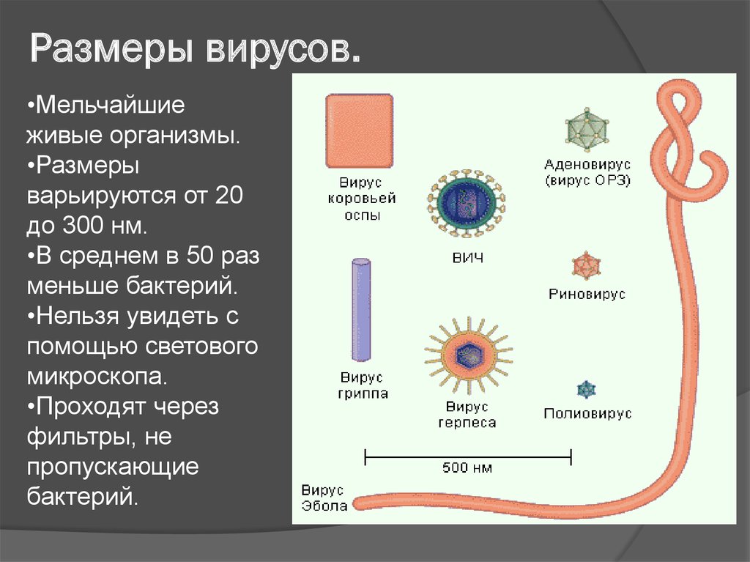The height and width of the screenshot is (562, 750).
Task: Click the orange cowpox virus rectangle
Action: [360, 130]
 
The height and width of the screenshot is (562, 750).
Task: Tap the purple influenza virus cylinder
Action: [361, 310]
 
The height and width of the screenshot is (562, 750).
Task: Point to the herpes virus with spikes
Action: [468, 355]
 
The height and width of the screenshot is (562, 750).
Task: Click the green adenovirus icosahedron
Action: [587, 130]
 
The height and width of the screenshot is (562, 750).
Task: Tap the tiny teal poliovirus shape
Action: [586, 390]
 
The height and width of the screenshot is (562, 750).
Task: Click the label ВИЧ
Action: [468, 258]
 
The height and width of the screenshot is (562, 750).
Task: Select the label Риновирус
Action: [587, 293]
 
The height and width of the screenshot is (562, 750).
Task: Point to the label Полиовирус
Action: [587, 413]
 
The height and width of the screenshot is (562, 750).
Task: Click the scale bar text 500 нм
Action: [467, 467]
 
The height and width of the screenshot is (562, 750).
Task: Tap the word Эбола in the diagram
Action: [324, 506]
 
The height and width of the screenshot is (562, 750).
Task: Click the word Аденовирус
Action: [587, 165]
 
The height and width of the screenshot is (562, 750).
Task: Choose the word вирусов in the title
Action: [283, 48]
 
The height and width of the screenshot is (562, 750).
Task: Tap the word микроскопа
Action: [97, 377]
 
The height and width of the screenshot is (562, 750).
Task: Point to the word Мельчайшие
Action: [110, 105]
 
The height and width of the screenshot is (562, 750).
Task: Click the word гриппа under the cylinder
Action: [363, 394]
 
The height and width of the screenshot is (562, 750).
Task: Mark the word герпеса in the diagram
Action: [467, 424]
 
